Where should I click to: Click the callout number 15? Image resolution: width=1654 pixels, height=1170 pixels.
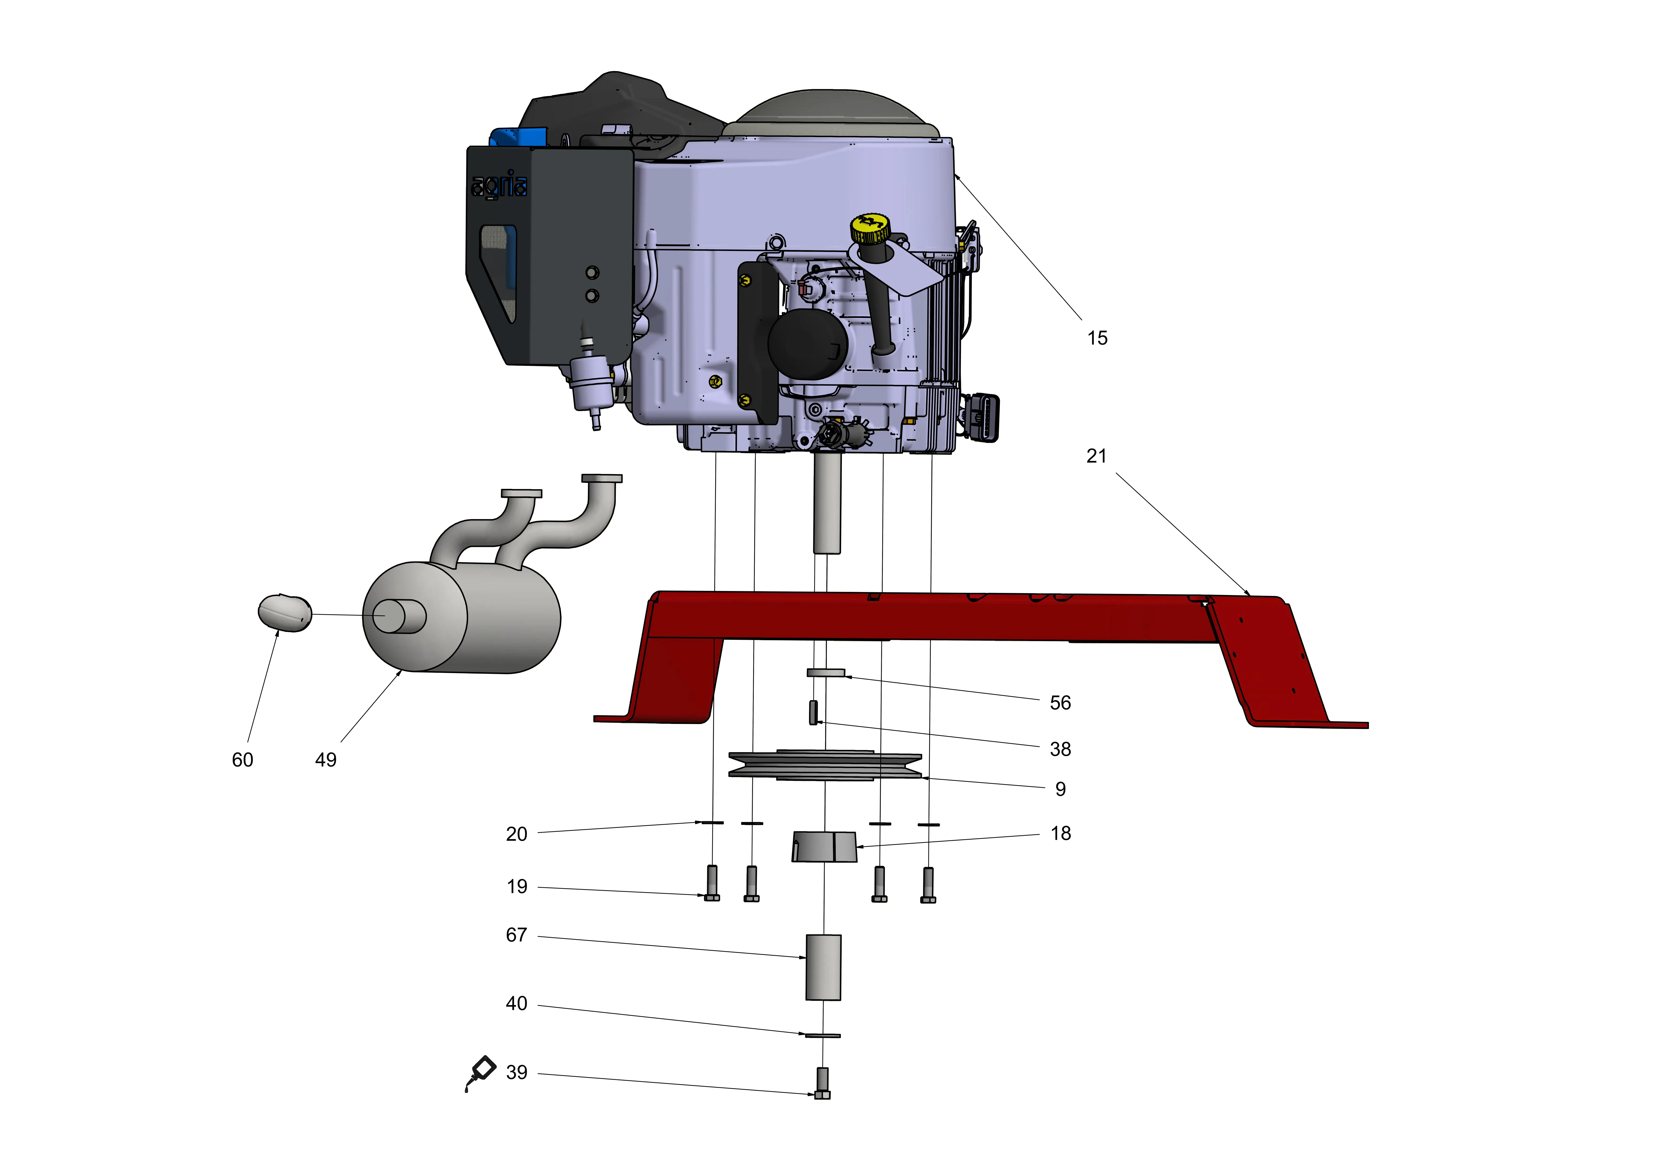tap(1097, 338)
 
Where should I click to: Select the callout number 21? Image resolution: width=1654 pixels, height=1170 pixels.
tap(1096, 456)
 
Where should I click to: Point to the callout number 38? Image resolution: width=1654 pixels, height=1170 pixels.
tap(1060, 749)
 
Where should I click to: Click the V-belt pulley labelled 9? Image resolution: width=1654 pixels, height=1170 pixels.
tap(825, 765)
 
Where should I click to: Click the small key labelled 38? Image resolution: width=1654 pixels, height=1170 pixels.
tap(813, 712)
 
